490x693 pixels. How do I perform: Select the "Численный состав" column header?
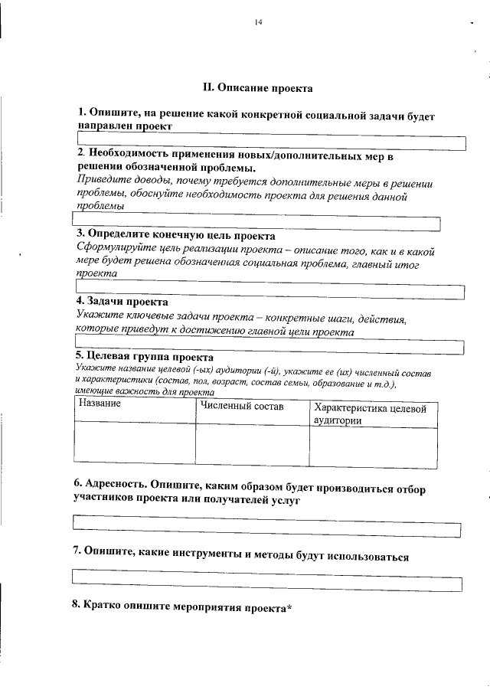pyautogui.click(x=242, y=406)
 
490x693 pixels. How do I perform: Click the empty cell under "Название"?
pyautogui.click(x=135, y=444)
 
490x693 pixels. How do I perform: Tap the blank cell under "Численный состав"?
pyautogui.click(x=252, y=444)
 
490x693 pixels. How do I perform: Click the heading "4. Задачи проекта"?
pyautogui.click(x=116, y=301)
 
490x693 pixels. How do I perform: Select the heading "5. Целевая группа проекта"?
pyautogui.click(x=144, y=357)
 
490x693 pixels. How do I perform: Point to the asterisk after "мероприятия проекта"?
pyautogui.click(x=289, y=606)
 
